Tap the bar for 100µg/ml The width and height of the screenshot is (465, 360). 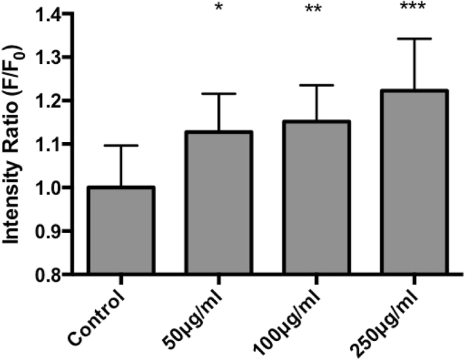(x=318, y=198)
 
